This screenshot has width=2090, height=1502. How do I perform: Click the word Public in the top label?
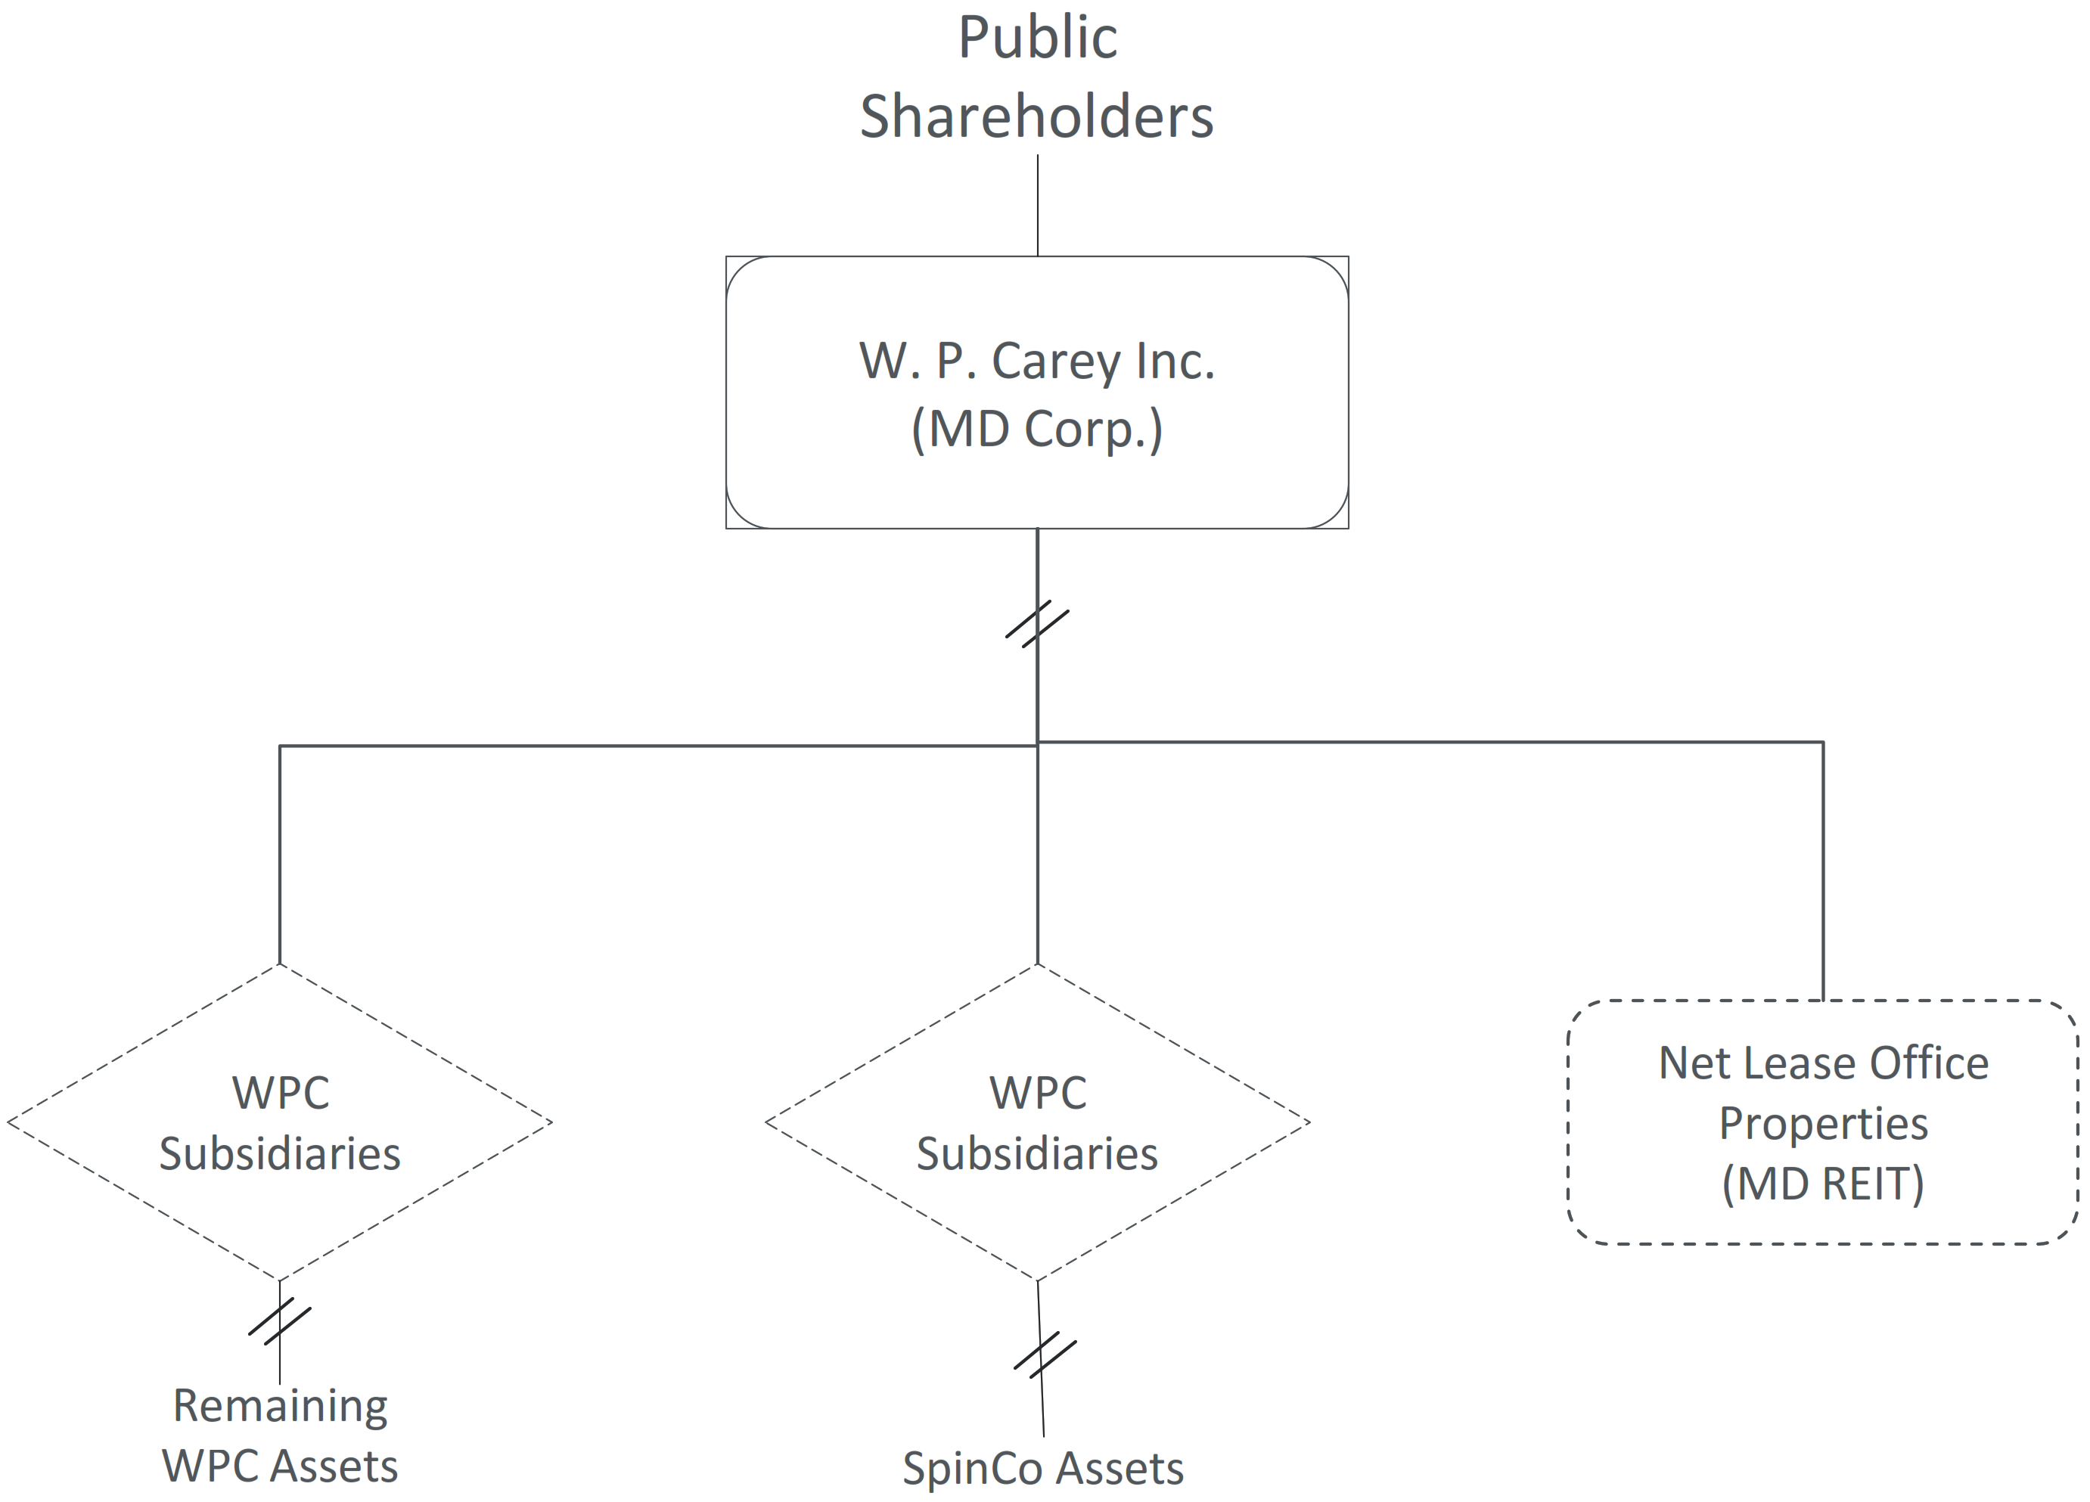[x=1038, y=39]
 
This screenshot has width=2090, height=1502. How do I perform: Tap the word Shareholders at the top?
[x=1037, y=118]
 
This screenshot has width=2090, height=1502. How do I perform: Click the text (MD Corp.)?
[x=1037, y=430]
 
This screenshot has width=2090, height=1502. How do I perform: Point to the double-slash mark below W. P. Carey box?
[x=1038, y=624]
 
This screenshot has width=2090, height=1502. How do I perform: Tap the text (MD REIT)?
[x=1823, y=1184]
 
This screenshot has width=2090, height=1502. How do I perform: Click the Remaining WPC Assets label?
[x=280, y=1435]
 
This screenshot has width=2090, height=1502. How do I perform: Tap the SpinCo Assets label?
[x=1043, y=1469]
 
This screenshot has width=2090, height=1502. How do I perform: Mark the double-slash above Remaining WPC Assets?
[x=280, y=1321]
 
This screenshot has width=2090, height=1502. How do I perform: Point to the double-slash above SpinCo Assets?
[x=1044, y=1355]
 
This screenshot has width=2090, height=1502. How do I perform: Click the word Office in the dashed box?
[x=1928, y=1063]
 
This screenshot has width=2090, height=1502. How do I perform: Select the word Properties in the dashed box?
[x=1823, y=1124]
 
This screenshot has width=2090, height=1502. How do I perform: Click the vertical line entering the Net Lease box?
[x=1823, y=870]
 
